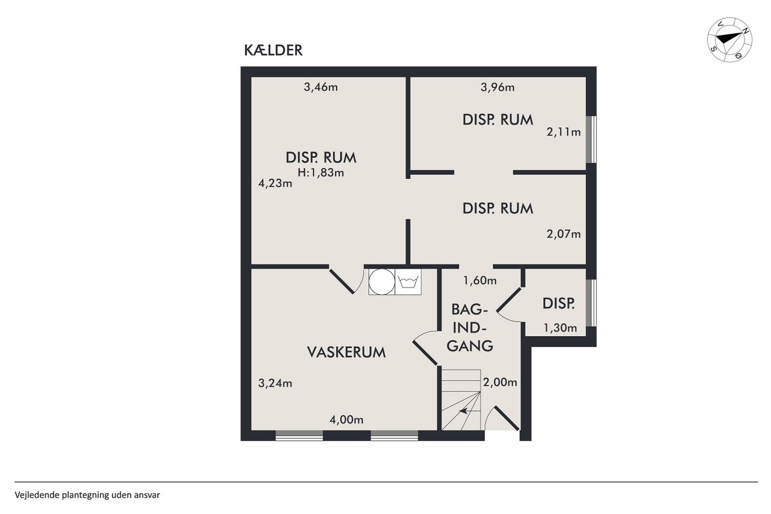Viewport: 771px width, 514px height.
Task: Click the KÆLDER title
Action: [273, 50]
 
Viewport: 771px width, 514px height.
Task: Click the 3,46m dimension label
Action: [321, 87]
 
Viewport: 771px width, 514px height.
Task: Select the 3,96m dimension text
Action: [498, 87]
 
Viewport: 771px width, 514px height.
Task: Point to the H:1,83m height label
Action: [321, 172]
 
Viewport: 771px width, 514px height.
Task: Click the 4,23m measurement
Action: [275, 183]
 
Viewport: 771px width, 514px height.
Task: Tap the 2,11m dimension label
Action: [564, 132]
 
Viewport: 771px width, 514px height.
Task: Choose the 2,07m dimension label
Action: [564, 234]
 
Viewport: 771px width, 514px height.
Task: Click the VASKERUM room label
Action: [346, 352]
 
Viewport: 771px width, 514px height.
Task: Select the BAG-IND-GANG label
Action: [470, 328]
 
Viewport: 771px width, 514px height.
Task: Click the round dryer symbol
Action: [382, 281]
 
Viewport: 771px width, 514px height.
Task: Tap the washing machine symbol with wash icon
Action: [408, 281]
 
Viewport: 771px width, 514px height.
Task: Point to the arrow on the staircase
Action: [463, 411]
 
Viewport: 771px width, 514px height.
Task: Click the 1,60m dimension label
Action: [480, 281]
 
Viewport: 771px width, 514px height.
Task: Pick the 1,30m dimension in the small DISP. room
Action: [560, 328]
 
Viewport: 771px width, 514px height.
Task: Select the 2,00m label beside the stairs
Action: [500, 382]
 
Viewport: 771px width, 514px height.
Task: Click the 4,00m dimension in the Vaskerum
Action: [346, 419]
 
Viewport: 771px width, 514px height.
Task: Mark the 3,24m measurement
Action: [275, 383]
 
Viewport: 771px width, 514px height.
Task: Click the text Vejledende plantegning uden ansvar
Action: [87, 495]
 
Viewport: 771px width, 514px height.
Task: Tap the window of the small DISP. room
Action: [592, 302]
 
